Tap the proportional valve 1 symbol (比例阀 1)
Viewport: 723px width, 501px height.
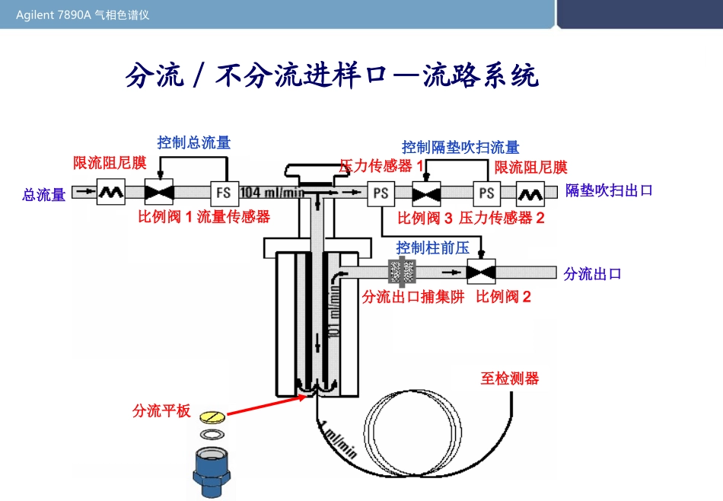(159, 193)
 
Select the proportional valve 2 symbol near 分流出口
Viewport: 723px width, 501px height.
(480, 271)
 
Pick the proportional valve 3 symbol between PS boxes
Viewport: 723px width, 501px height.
(426, 193)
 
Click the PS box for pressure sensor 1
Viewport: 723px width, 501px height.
(381, 193)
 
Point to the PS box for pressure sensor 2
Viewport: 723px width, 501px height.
(486, 193)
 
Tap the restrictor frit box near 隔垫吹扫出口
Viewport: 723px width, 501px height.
(530, 193)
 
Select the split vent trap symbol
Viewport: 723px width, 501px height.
(402, 271)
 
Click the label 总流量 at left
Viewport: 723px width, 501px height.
(44, 196)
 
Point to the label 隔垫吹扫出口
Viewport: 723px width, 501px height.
(609, 191)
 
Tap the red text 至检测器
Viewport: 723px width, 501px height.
(509, 378)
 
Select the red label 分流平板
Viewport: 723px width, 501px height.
(161, 411)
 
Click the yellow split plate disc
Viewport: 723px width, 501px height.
(212, 418)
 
